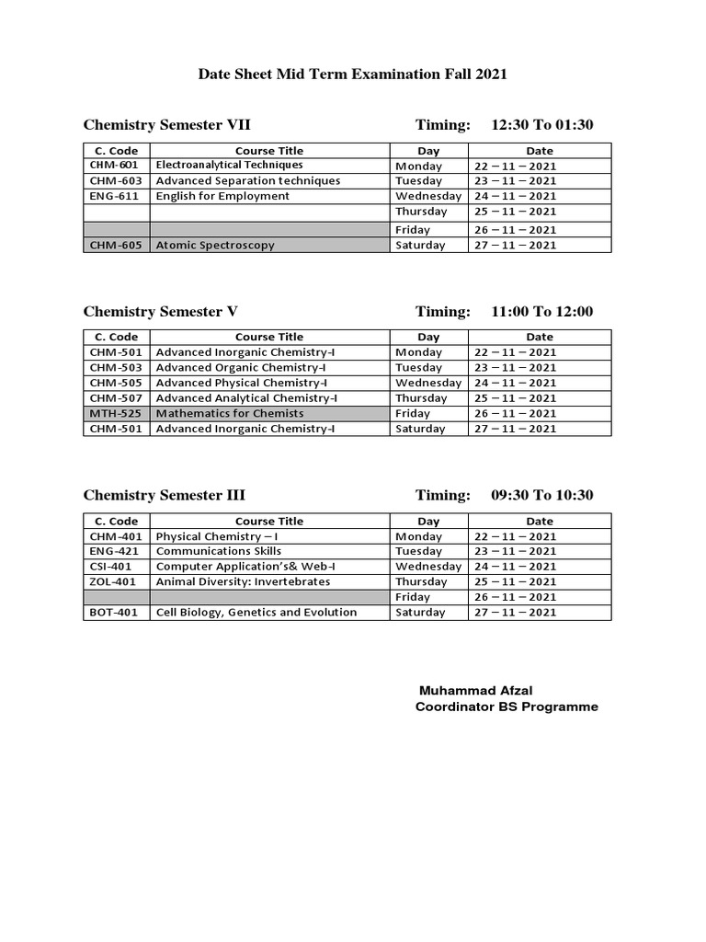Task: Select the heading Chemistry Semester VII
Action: [167, 125]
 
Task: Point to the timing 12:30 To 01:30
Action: [542, 125]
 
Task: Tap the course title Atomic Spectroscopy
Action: [215, 246]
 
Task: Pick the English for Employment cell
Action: [222, 196]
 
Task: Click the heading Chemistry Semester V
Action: [161, 312]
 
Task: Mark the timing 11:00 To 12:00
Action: [542, 312]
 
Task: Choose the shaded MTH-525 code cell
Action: [116, 414]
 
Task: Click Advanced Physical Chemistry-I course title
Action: [242, 383]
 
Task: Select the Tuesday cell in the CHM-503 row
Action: [420, 368]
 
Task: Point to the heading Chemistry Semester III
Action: [165, 495]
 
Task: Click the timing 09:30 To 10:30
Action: [542, 495]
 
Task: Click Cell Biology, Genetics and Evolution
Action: [256, 613]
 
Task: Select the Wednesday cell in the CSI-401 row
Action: [427, 567]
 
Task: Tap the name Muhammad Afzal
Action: [476, 691]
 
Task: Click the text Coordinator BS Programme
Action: [507, 707]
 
